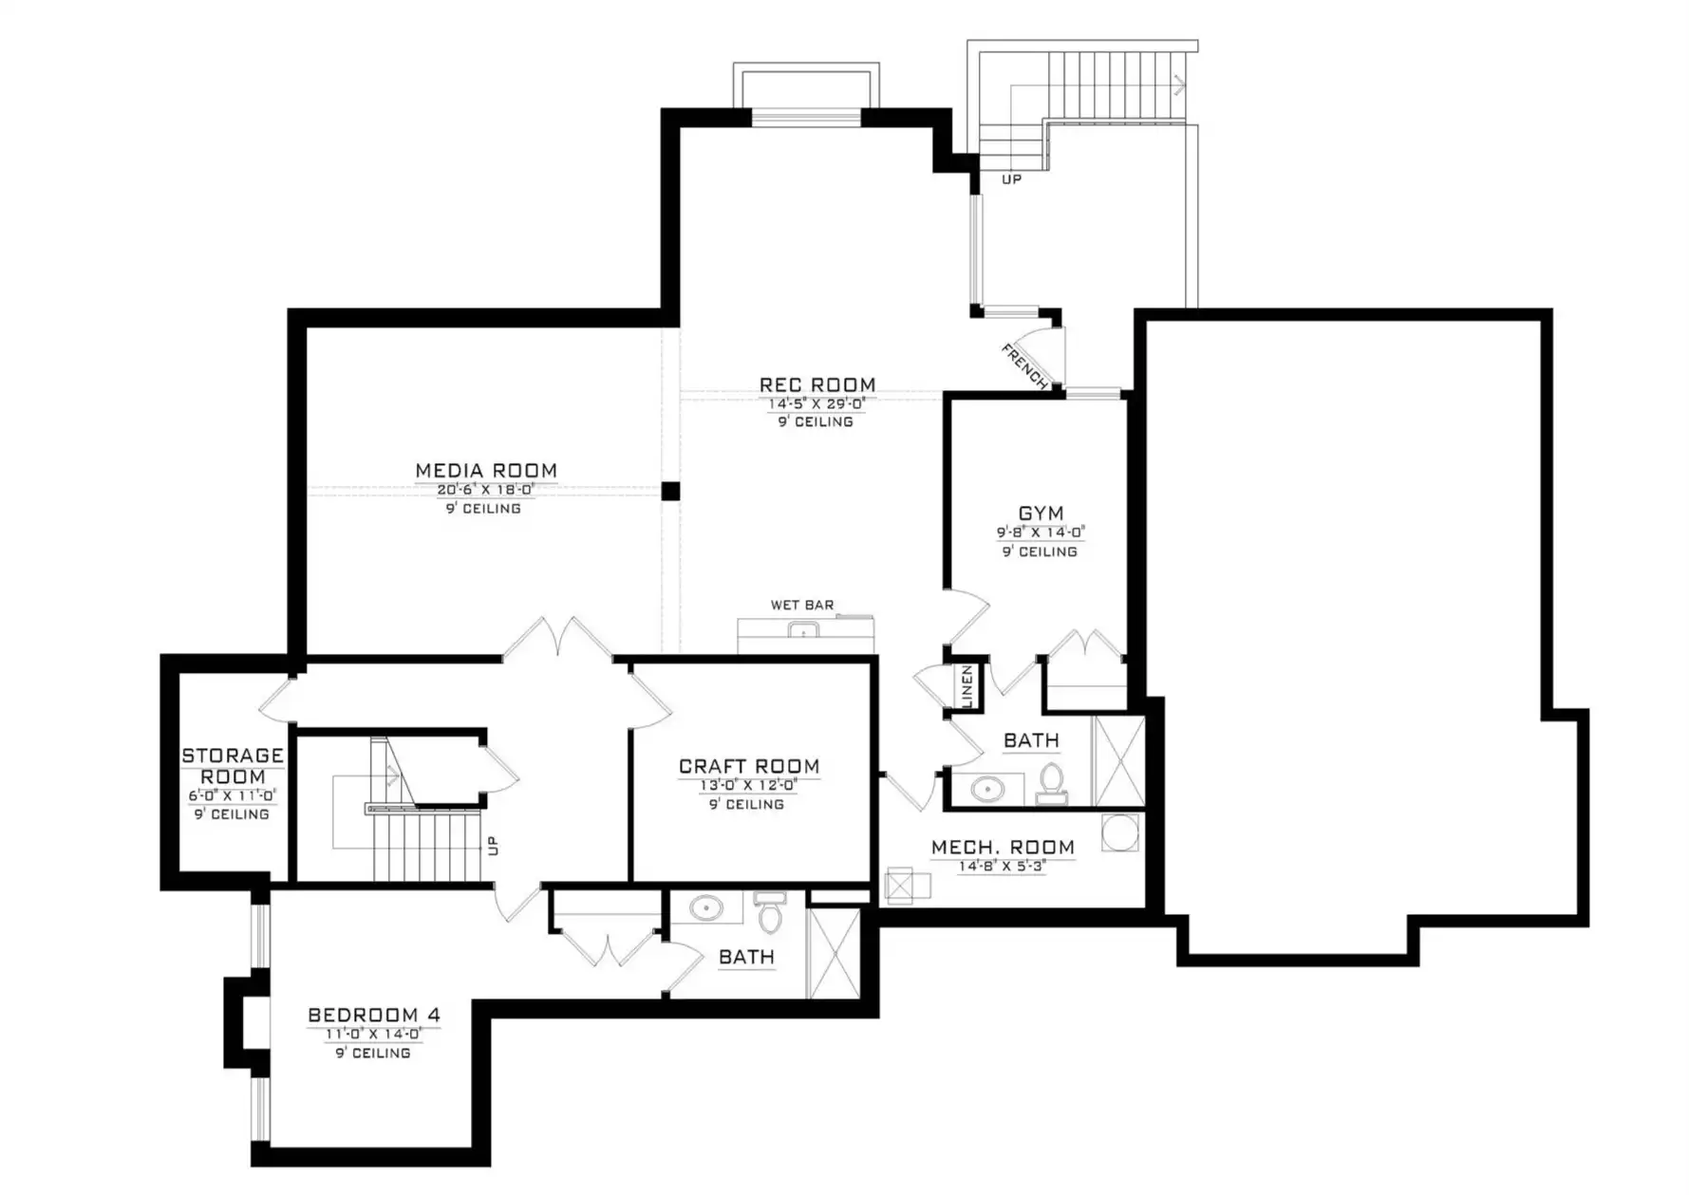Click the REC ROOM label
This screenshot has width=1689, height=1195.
pos(817,384)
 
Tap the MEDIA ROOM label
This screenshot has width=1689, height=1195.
pos(486,471)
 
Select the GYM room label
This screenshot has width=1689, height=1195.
pos(1041,513)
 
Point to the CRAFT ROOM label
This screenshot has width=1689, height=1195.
pos(749,766)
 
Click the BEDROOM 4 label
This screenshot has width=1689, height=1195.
pos(374,1016)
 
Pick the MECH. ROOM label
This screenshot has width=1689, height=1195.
pos(1003,847)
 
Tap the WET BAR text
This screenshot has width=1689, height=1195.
pos(802,605)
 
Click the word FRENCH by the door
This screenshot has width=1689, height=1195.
pos(1024,367)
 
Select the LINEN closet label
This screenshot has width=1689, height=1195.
pos(967,685)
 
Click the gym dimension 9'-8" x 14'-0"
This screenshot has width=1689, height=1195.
pos(1041,533)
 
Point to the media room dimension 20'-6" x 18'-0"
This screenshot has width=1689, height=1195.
pos(486,490)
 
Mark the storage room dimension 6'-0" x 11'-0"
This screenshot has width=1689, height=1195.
pos(233,795)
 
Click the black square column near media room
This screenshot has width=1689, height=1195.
pos(670,491)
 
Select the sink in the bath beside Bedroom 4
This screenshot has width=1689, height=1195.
pos(705,907)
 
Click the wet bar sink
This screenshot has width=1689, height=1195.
pos(803,629)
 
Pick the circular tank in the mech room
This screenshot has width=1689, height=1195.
pos(1120,833)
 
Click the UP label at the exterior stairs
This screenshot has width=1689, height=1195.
pos(1012,179)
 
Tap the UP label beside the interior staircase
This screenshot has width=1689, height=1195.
pos(493,845)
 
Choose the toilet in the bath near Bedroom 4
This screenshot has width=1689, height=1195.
pos(770,912)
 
